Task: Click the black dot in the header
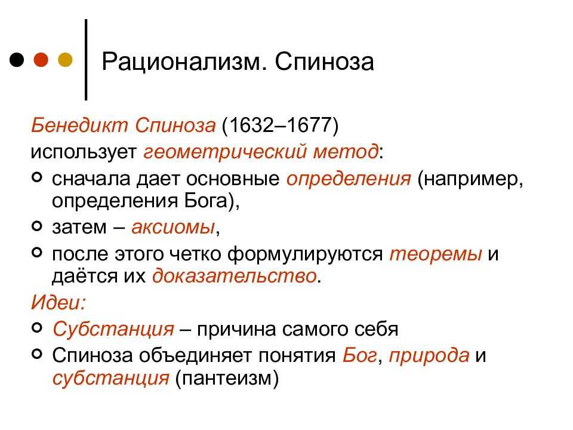tap(17, 60)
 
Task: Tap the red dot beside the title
tap(41, 60)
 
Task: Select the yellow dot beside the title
tap(66, 60)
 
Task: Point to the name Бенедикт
tap(79, 125)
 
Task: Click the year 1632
tap(251, 125)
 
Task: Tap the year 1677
tap(309, 125)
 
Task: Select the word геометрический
tap(225, 151)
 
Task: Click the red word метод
tap(346, 151)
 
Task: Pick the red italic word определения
tap(349, 179)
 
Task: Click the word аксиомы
tap(173, 227)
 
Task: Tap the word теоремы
tap(436, 254)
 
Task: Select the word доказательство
tap(234, 276)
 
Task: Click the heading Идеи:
tap(58, 302)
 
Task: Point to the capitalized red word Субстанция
tap(113, 328)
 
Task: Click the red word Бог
tap(359, 355)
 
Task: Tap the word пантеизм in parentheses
tap(227, 377)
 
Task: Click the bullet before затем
tap(37, 226)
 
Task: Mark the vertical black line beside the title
tap(86, 60)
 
